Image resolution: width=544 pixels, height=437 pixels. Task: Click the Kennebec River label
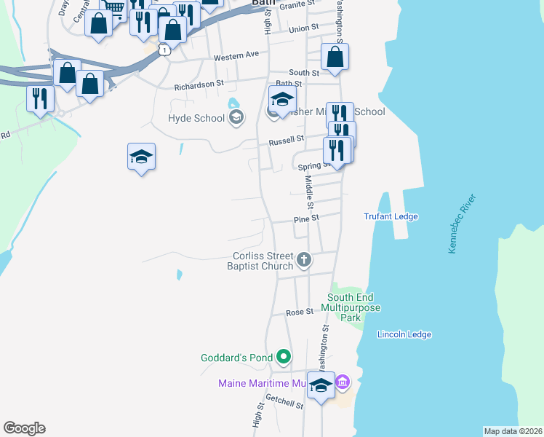463,224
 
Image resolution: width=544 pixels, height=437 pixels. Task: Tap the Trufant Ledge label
391,216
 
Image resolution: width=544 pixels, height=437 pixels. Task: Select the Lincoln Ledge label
404,334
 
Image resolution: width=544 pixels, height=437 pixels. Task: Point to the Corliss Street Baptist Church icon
305,259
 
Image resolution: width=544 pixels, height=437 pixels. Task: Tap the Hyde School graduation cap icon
236,117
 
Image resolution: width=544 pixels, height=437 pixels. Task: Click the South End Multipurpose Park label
354,307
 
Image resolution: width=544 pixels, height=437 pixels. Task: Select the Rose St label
299,312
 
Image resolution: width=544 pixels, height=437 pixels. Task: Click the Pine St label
306,219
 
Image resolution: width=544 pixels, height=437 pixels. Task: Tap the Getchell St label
284,401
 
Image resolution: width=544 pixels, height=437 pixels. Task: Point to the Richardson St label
199,84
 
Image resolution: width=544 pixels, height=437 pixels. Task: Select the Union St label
304,28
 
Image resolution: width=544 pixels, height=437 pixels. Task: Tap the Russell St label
286,140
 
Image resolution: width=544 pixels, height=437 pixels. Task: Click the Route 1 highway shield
167,50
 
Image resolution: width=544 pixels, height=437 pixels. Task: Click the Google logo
24,428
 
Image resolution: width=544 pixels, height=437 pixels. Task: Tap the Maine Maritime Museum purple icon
343,382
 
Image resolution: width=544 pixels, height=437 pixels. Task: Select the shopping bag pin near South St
335,58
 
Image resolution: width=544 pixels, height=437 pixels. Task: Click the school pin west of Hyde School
142,157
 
